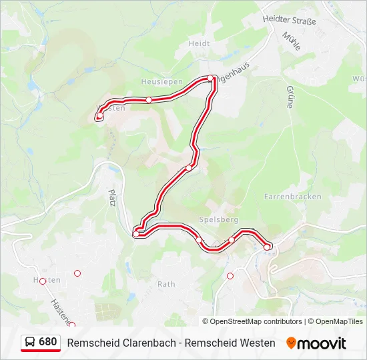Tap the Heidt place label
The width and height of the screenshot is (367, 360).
coord(199,43)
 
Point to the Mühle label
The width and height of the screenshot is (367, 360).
coord(292,41)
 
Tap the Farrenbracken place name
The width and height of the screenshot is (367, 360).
coord(292,197)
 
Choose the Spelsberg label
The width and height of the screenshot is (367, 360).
coord(218,219)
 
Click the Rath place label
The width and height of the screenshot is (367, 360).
coord(166,284)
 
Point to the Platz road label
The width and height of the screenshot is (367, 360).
coord(112,197)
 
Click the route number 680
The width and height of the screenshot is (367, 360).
coord(48,342)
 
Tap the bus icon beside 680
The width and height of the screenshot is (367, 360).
coord(30,342)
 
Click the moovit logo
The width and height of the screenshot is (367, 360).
coord(316,343)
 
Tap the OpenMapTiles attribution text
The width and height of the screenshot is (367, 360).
coord(338,321)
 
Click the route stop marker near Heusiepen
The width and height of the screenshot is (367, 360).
coord(149,100)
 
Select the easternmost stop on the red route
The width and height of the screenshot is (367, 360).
coord(267,247)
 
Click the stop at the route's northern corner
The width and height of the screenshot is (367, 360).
coord(210,78)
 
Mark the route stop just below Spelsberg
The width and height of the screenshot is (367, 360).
coord(199,240)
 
